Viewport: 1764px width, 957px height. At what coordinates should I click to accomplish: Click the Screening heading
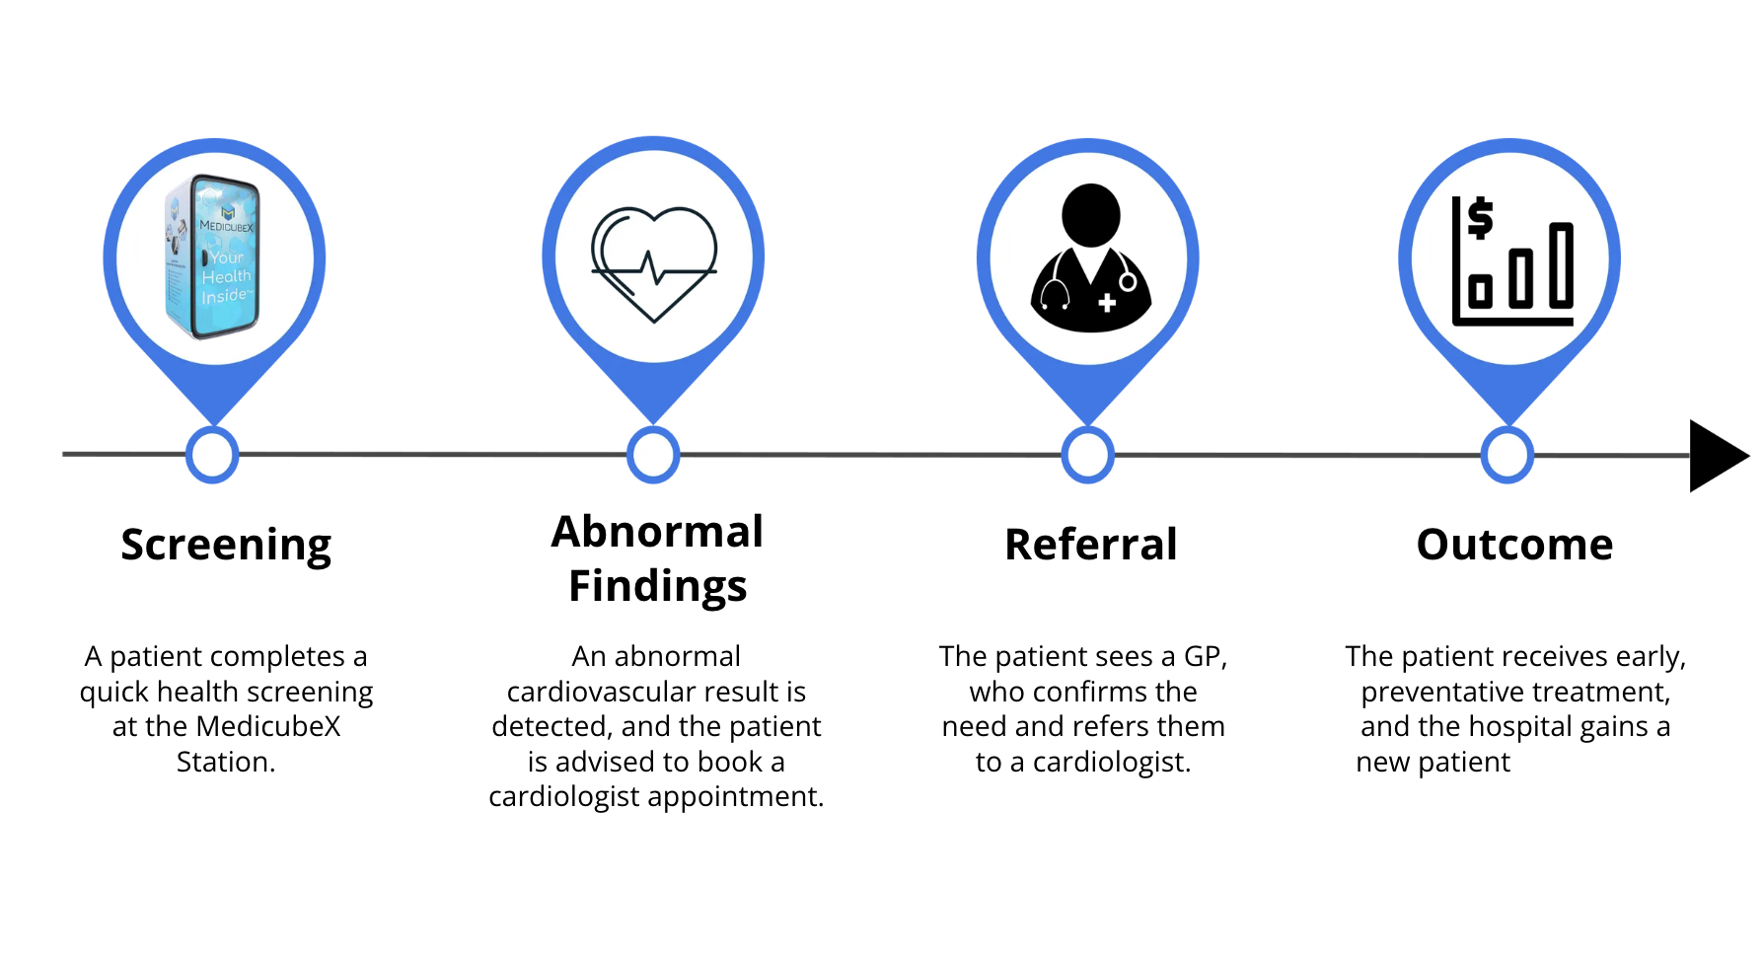(x=226, y=545)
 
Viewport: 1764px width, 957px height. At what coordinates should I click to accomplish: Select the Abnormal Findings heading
(x=657, y=558)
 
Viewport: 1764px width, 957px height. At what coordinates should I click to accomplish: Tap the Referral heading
(x=1090, y=545)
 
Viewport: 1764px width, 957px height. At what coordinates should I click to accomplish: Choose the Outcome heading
(x=1514, y=545)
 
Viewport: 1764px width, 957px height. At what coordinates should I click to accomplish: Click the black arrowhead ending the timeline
(x=1716, y=456)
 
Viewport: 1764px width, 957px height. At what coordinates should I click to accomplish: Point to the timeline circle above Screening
(x=212, y=455)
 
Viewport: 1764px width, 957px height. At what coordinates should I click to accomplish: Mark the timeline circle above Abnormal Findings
(x=653, y=455)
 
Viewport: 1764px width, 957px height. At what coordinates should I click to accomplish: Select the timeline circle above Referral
(x=1087, y=455)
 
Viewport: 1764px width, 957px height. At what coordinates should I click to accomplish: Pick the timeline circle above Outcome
(x=1507, y=455)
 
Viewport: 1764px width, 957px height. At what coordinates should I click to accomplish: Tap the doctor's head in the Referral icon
(x=1090, y=214)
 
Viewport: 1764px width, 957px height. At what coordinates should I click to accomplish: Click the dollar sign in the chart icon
(x=1480, y=218)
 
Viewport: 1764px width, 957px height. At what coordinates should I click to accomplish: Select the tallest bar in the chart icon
(x=1561, y=264)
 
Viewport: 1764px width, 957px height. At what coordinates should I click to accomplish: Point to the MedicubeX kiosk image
(x=213, y=258)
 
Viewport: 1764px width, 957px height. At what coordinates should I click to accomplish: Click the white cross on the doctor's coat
(x=1107, y=303)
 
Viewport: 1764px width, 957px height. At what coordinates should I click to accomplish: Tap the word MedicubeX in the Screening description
(x=268, y=727)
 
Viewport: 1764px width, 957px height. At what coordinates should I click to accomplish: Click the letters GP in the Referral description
(x=1202, y=657)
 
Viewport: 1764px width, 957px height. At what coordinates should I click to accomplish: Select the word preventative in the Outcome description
(x=1458, y=693)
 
